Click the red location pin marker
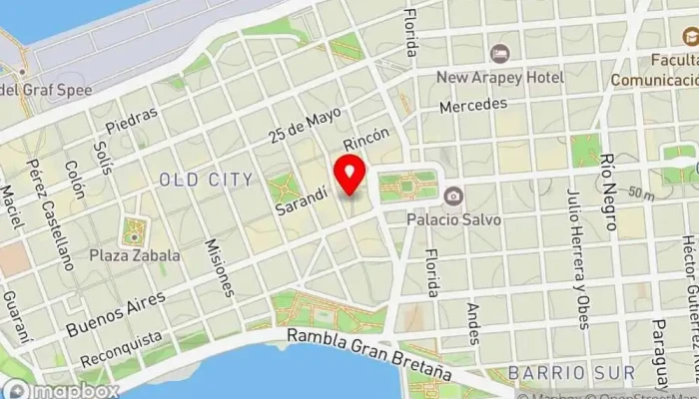pos(349,176)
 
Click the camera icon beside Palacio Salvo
pos(453,195)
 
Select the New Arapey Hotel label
pos(502,77)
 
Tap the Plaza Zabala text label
pos(134,255)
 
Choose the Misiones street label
pos(223,267)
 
